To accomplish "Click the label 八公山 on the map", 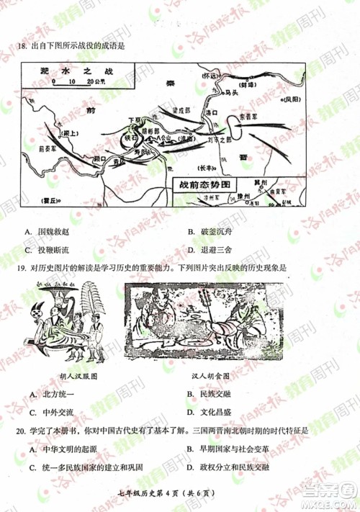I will tap(167, 136).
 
